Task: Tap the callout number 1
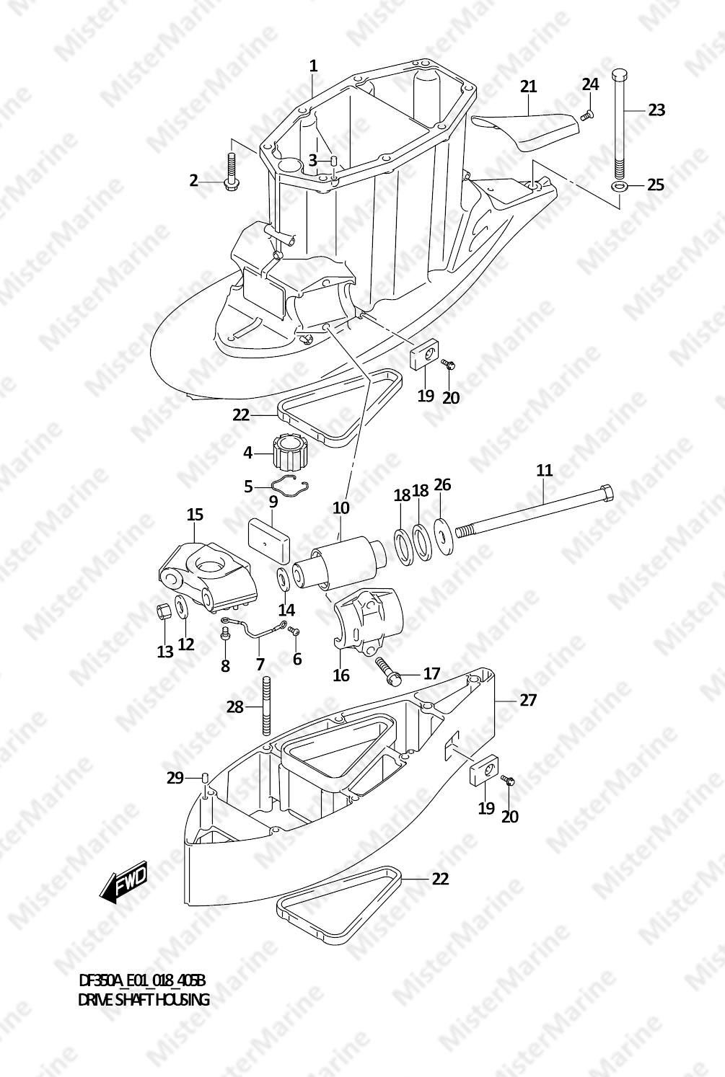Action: [x=314, y=66]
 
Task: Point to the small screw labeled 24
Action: [x=587, y=115]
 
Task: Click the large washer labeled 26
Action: [x=443, y=536]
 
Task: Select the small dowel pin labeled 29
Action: [x=204, y=777]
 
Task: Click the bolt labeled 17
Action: [x=387, y=670]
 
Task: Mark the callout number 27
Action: [x=528, y=699]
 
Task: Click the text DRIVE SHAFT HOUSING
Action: [x=144, y=1000]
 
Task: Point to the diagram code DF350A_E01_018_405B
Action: [x=142, y=980]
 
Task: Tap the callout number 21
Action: [x=528, y=87]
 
